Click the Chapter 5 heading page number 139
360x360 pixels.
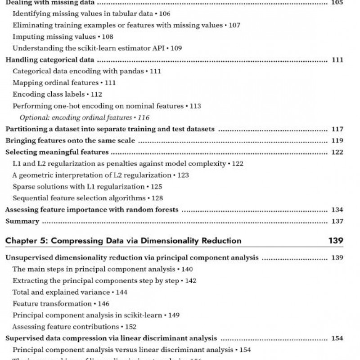(336, 240)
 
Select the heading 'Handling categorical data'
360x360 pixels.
(49, 60)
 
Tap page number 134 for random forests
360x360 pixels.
(337, 210)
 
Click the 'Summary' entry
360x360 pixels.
(22, 221)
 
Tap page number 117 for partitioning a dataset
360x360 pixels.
(337, 130)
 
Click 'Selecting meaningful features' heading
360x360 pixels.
(57, 153)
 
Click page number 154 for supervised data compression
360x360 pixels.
(337, 338)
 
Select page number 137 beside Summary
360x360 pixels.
(337, 221)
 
